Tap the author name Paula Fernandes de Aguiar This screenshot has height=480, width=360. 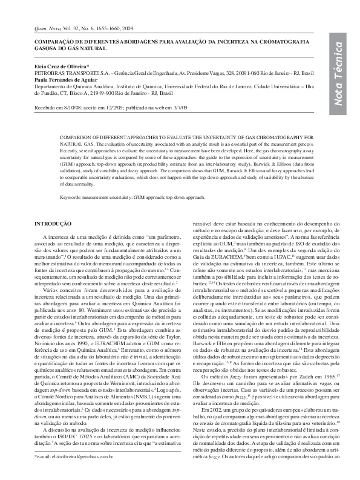coord(64,79)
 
